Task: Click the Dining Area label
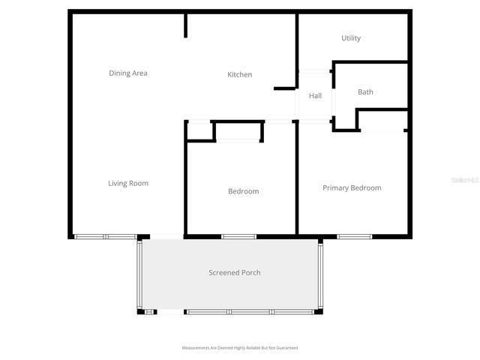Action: [x=128, y=73]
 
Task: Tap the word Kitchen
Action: [x=240, y=74]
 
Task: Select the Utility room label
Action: [x=351, y=38]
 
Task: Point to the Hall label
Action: [x=315, y=96]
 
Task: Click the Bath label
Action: [x=365, y=92]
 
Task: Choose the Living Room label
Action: [x=128, y=183]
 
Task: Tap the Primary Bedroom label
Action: [x=352, y=187]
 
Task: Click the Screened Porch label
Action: [x=235, y=272]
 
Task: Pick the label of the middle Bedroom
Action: [x=243, y=191]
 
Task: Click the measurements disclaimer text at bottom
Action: [x=240, y=348]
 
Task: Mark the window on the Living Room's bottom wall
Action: [x=105, y=236]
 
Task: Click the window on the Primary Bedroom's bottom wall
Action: [x=355, y=236]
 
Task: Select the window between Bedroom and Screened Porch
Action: [x=239, y=236]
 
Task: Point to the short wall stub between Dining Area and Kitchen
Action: [x=186, y=25]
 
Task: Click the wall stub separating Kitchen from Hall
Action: [x=285, y=88]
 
